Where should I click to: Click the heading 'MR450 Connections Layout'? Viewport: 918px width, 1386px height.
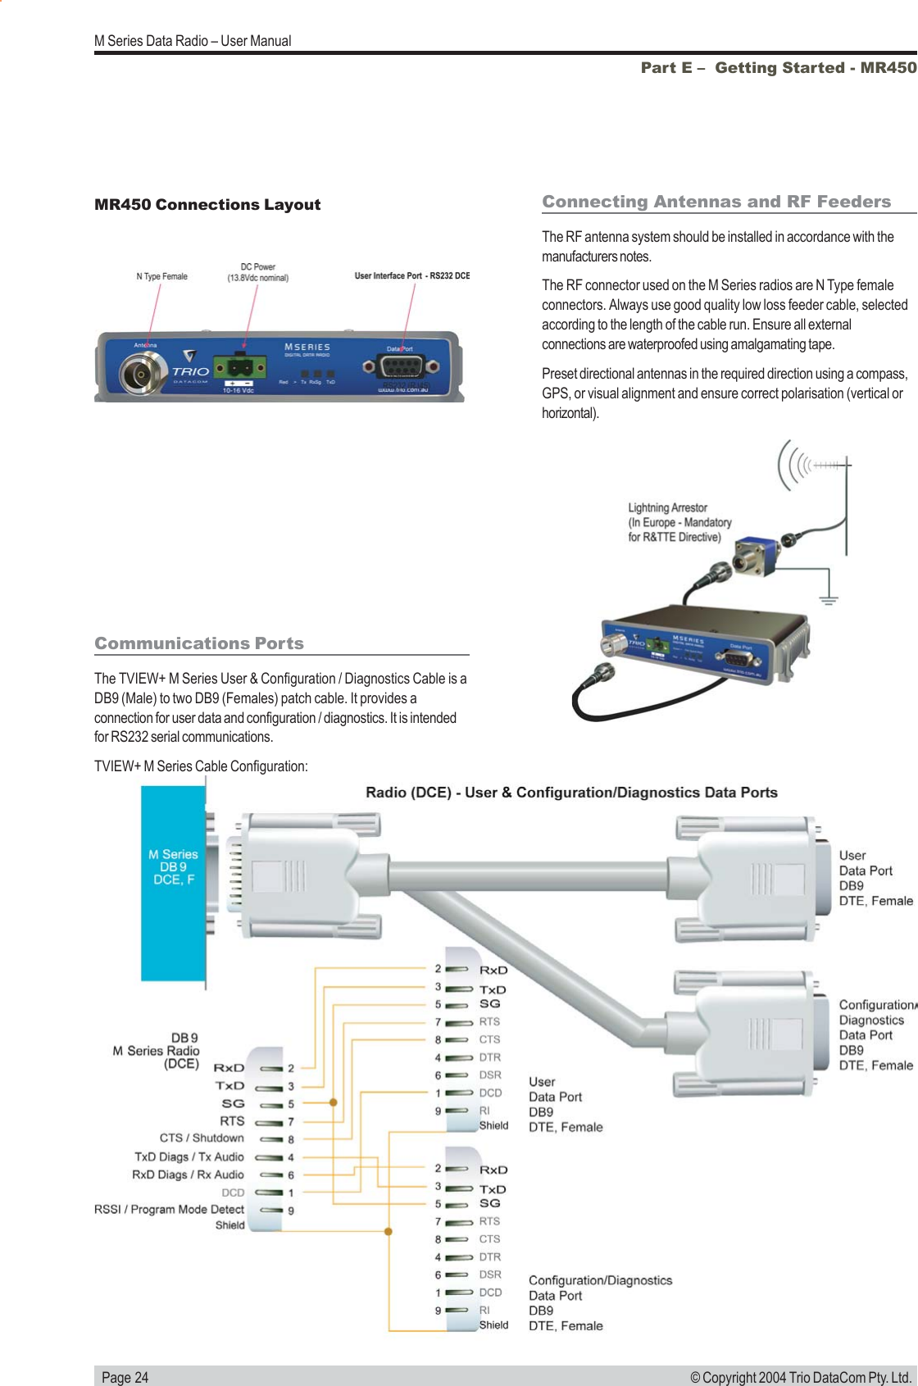click(x=207, y=205)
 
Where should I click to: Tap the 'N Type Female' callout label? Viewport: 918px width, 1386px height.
click(x=161, y=277)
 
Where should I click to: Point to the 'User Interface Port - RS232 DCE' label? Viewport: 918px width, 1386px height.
click(x=411, y=276)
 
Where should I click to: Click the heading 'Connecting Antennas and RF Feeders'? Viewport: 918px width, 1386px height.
click(x=716, y=202)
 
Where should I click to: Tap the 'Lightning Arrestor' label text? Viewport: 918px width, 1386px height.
click(x=667, y=508)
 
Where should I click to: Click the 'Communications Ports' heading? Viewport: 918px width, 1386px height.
click(x=199, y=643)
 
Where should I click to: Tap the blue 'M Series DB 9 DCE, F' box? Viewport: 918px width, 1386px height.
click(x=173, y=881)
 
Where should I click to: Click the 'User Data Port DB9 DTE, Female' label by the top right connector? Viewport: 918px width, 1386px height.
click(x=875, y=878)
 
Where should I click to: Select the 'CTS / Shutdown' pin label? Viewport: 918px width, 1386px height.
click(x=202, y=1138)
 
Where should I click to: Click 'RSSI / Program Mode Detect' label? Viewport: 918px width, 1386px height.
click(x=169, y=1210)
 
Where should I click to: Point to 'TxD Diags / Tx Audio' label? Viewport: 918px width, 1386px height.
click(x=189, y=1157)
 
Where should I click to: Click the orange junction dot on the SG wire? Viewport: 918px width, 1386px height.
click(x=334, y=1102)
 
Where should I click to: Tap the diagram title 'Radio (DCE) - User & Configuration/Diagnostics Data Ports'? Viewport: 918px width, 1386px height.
click(x=571, y=793)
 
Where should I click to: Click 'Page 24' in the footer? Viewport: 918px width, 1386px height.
click(x=125, y=1377)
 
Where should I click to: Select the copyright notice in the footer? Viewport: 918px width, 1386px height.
click(x=800, y=1377)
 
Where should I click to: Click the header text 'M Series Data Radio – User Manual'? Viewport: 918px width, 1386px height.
click(x=193, y=41)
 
